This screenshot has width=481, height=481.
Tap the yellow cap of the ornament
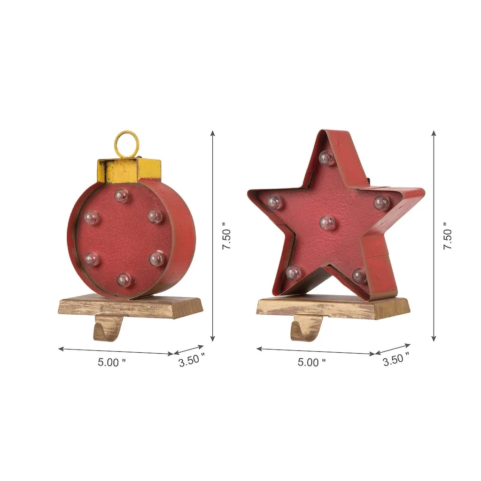click(129, 170)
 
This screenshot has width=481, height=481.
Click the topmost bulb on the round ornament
click(122, 196)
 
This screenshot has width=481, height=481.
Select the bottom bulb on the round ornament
click(124, 280)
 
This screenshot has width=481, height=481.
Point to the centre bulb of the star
click(327, 222)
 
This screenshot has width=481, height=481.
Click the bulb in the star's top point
click(326, 158)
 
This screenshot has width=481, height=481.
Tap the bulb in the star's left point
click(274, 202)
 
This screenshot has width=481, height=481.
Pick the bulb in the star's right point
click(381, 203)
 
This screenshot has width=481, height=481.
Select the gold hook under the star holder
click(306, 330)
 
